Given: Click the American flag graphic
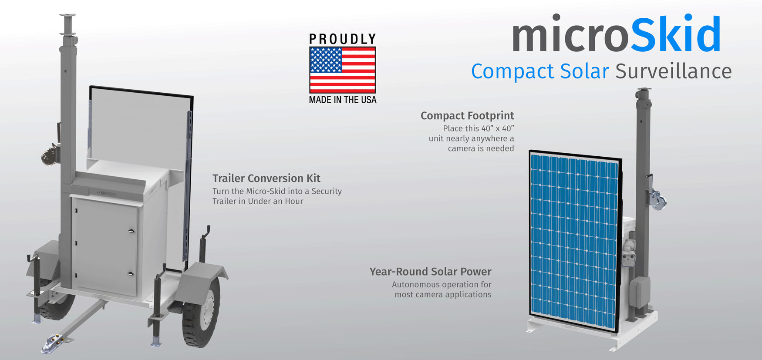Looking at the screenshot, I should pos(342,70).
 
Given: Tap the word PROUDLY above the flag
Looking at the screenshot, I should pos(342,39).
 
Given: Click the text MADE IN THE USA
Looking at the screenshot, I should pos(342,100).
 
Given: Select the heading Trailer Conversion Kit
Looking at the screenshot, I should pos(266,178).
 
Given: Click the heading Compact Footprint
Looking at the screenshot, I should pos(467,116).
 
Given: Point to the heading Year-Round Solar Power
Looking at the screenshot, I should pos(430,272).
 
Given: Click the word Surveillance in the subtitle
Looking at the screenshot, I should pos(673,71).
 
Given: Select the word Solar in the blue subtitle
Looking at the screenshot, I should pos(584,71).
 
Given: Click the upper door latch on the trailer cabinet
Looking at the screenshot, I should pos(131,231).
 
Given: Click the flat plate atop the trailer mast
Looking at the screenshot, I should pos(67,15).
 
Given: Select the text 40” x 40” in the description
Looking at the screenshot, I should pos(497,128).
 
